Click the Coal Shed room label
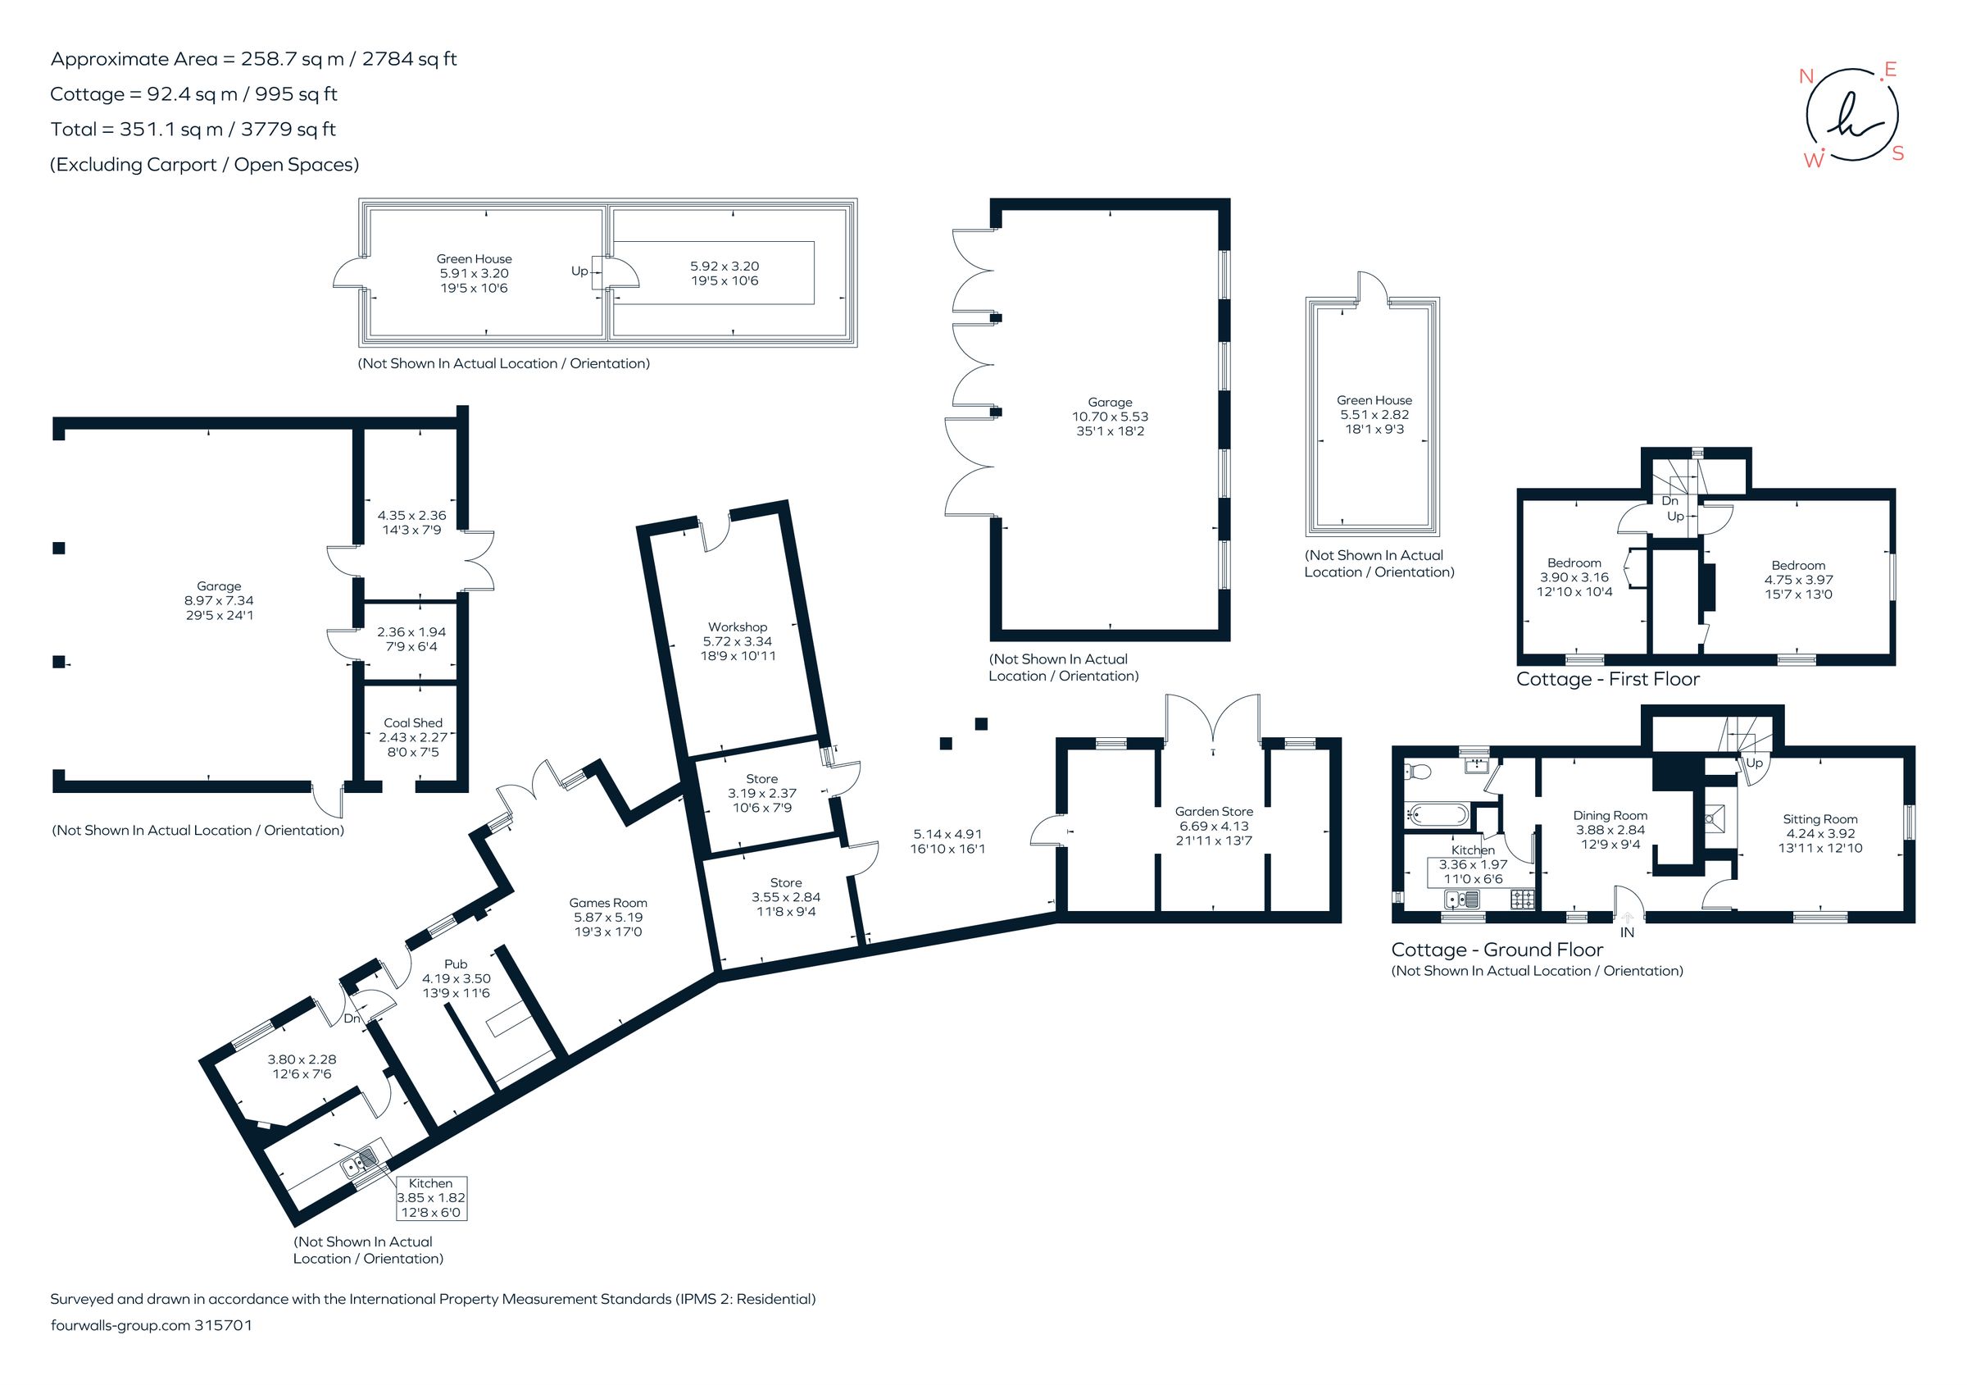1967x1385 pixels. point(413,722)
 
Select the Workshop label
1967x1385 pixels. point(737,626)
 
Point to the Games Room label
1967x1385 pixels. point(607,903)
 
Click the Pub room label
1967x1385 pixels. point(456,964)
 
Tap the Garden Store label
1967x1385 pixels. point(1213,811)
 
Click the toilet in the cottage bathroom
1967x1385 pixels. point(1418,772)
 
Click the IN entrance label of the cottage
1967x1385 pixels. point(1627,932)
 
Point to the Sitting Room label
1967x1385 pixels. point(1819,818)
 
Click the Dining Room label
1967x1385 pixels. point(1610,815)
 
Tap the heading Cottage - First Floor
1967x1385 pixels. point(1607,679)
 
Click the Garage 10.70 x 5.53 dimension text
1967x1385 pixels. point(1111,417)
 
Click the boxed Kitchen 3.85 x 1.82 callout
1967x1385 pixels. point(431,1197)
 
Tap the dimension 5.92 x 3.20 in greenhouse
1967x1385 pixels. point(725,267)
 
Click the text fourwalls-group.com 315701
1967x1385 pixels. point(152,1325)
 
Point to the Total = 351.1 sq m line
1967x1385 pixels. point(193,130)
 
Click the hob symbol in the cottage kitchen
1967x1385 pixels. point(1522,899)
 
